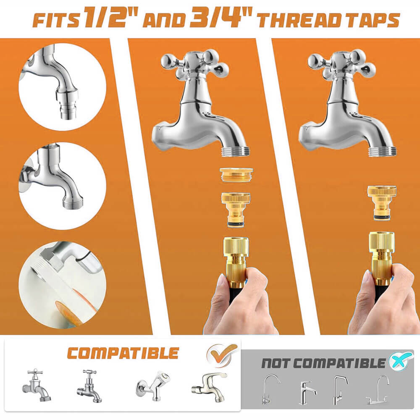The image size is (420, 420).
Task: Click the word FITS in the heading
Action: (55, 20)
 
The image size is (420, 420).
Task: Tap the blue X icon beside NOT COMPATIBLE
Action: (398, 362)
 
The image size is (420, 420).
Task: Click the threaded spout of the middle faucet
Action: (236, 151)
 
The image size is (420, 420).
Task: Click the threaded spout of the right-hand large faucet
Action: (383, 151)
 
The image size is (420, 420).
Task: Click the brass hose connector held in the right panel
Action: (381, 255)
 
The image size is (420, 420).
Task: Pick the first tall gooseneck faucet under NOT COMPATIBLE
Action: (271, 389)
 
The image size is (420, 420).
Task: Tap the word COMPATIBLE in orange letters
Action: (123, 353)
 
